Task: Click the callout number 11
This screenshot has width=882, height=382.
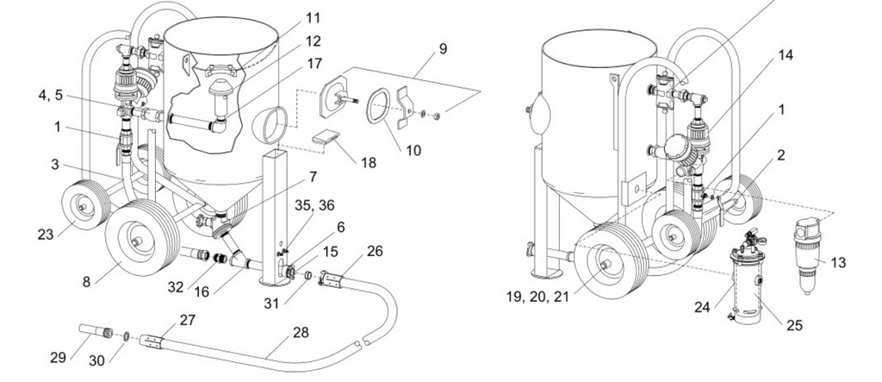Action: [313, 18]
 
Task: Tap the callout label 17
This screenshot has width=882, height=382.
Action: [314, 64]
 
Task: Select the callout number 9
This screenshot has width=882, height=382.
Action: [443, 49]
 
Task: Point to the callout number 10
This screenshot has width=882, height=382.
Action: [413, 150]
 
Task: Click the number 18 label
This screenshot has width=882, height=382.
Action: [369, 163]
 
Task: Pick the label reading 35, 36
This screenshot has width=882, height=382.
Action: [315, 205]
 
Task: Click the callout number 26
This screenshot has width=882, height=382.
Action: [375, 251]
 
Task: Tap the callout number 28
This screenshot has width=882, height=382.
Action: [301, 333]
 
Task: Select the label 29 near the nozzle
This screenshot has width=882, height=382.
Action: [58, 357]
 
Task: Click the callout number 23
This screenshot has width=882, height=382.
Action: [46, 235]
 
